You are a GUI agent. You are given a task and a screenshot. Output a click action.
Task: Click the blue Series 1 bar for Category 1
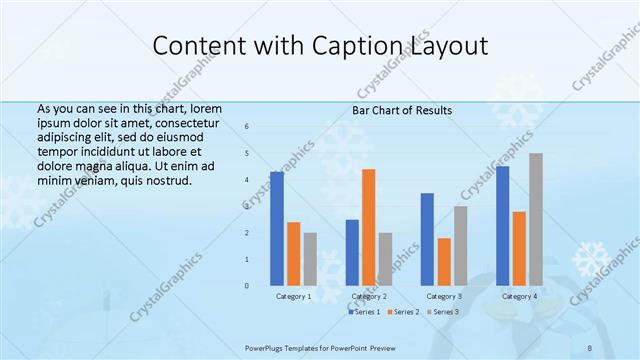coord(277,229)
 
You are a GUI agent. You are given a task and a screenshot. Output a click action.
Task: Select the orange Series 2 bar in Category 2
coord(369,227)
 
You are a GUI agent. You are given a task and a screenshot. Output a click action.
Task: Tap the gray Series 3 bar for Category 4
coord(536,219)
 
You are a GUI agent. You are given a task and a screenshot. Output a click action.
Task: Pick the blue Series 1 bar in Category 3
coord(427,239)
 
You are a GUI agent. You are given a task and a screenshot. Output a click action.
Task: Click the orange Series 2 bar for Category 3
coord(444,262)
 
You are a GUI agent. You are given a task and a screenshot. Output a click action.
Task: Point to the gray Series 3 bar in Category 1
coord(310,259)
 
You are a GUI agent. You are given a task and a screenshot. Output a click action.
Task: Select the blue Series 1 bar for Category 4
coord(503,226)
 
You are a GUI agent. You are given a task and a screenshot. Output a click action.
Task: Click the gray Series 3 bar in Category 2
coord(385,259)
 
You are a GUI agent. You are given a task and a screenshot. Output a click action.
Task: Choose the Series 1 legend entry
coord(365,312)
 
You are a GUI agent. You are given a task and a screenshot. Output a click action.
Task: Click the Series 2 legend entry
coord(404,312)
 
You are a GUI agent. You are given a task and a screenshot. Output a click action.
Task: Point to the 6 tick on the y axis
coord(247,127)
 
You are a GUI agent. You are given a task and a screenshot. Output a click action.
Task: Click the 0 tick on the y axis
coord(247,286)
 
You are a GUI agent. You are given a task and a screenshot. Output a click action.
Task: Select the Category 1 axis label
coord(294,296)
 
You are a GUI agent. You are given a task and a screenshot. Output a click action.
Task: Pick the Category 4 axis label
coord(519,296)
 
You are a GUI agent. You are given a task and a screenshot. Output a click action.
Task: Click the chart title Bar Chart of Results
coord(402,110)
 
